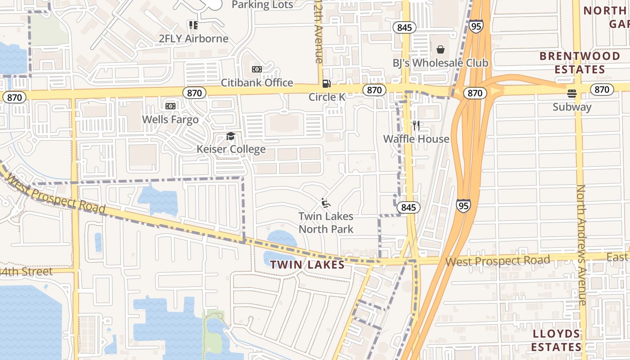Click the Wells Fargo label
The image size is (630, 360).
pos(170,120)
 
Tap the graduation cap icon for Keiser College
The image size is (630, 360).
pos(231,136)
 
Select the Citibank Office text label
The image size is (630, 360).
pos(257,83)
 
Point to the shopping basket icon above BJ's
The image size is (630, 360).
pos(440,49)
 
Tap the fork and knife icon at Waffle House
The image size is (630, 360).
pos(416,126)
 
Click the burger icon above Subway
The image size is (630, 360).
pos(572,94)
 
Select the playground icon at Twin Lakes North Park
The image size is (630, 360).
pos(326,203)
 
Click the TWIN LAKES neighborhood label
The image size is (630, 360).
pos(307,265)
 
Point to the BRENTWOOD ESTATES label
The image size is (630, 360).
pos(580,63)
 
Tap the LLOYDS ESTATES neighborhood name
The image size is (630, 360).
pos(557,340)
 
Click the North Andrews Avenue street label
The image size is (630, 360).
pos(582,245)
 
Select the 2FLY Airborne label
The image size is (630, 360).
pos(193,39)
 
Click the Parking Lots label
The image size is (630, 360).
pos(262,5)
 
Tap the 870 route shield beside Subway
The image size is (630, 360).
pos(602,89)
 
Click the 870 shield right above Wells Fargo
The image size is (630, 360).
pos(194,93)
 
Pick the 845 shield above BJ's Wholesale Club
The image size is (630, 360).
pos(405,27)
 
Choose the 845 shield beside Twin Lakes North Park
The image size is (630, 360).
pos(409,207)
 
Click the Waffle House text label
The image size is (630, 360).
pos(416,139)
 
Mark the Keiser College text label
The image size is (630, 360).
pos(231,149)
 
